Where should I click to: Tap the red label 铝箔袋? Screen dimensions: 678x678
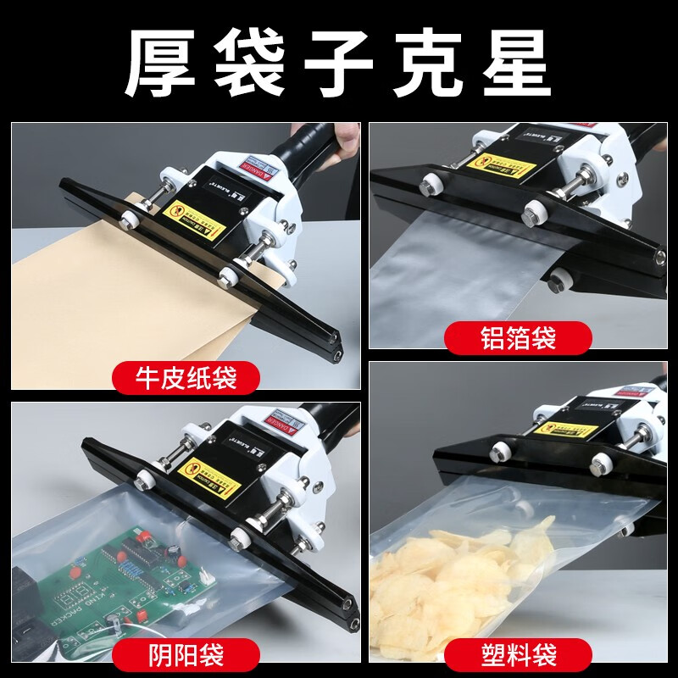tap(518, 339)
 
